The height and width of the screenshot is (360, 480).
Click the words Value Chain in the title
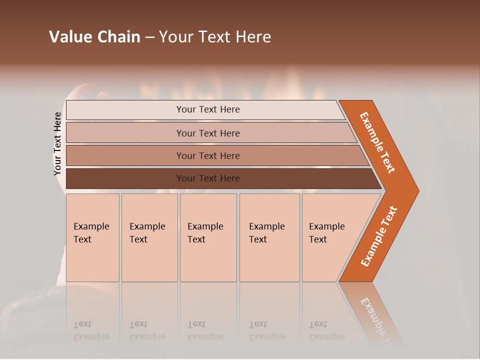click(x=94, y=37)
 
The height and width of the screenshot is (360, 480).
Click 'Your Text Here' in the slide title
click(x=215, y=37)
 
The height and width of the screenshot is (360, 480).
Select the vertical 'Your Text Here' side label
click(x=58, y=144)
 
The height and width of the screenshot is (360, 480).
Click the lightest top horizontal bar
click(x=207, y=109)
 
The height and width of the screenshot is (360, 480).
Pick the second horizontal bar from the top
click(x=207, y=133)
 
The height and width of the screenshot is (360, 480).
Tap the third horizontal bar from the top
click(x=207, y=155)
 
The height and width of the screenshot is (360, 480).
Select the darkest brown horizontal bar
click(x=207, y=178)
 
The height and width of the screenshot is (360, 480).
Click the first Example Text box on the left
click(x=92, y=237)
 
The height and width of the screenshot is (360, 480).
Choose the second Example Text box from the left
click(x=149, y=237)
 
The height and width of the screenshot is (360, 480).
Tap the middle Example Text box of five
click(x=208, y=237)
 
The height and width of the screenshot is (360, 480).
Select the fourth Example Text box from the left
click(x=269, y=237)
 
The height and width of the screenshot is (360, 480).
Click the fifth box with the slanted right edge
click(x=330, y=237)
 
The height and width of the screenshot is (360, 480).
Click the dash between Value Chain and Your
click(x=149, y=37)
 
